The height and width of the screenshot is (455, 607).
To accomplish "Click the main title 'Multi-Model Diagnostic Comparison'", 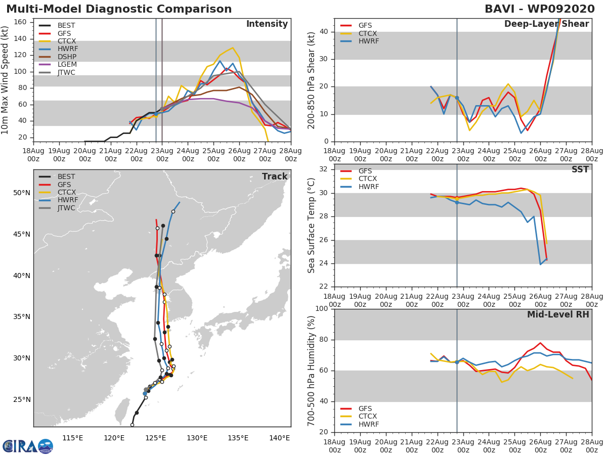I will pos(119,9).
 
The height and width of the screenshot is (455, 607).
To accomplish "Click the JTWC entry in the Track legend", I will pos(66,208).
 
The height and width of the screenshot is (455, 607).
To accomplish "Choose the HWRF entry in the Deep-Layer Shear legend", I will pos(369,41).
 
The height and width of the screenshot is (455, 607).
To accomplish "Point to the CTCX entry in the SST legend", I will pos(368,179).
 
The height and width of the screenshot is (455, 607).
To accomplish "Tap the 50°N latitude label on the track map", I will pos(21,193).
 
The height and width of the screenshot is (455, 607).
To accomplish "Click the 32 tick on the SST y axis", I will pos(323,169).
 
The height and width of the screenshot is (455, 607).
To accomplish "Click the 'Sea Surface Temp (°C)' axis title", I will pos(312,225).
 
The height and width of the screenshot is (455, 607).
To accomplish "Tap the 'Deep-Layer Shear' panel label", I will pos(546,24).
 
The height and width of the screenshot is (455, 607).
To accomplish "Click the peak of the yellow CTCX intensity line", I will pos(232,48).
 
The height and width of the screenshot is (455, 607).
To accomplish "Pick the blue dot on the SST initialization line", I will pos(457,202).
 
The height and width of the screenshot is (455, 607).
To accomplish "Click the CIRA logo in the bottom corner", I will pos(27,446).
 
